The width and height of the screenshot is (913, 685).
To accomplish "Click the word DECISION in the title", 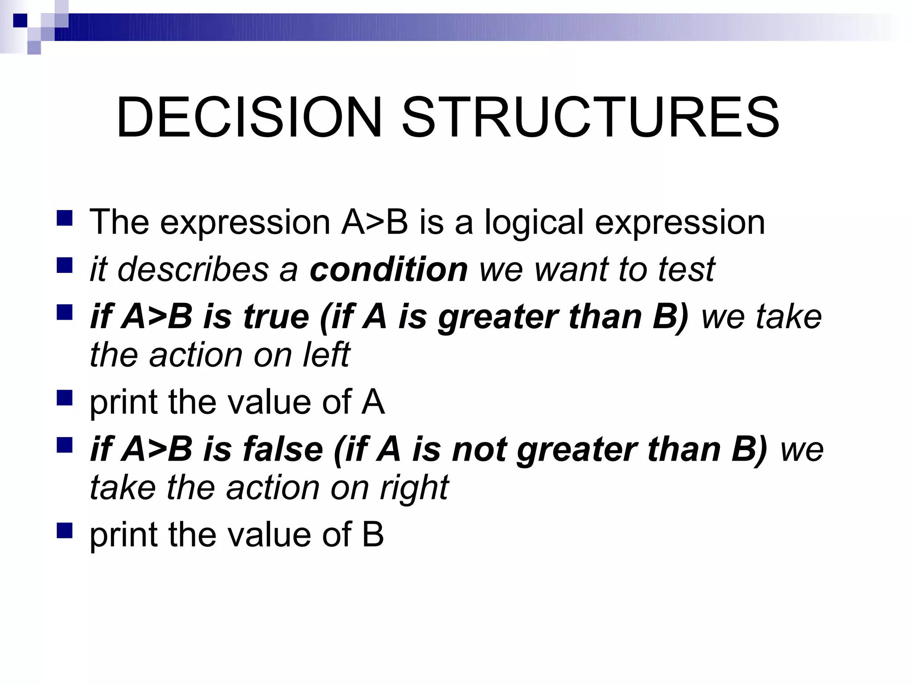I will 249,117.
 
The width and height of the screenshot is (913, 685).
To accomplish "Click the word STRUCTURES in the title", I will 590,117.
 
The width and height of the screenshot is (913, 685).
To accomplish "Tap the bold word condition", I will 388,269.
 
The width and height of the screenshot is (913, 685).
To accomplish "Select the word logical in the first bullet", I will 534,222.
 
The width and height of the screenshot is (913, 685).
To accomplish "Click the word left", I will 326,355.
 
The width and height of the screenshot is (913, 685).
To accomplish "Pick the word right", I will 414,488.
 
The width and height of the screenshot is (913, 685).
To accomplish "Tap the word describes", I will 193,269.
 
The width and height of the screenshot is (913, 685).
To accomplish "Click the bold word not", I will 479,449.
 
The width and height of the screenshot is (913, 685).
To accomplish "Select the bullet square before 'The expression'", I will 65,219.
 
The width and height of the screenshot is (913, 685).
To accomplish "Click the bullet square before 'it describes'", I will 65,266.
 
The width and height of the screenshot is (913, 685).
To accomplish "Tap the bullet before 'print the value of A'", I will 65,398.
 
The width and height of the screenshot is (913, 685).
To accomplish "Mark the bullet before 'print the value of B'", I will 65,531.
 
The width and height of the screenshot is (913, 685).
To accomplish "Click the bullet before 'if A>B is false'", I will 65,445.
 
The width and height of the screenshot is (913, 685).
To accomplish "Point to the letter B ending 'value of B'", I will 373,535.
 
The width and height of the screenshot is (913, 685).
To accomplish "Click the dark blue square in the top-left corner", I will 20,21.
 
